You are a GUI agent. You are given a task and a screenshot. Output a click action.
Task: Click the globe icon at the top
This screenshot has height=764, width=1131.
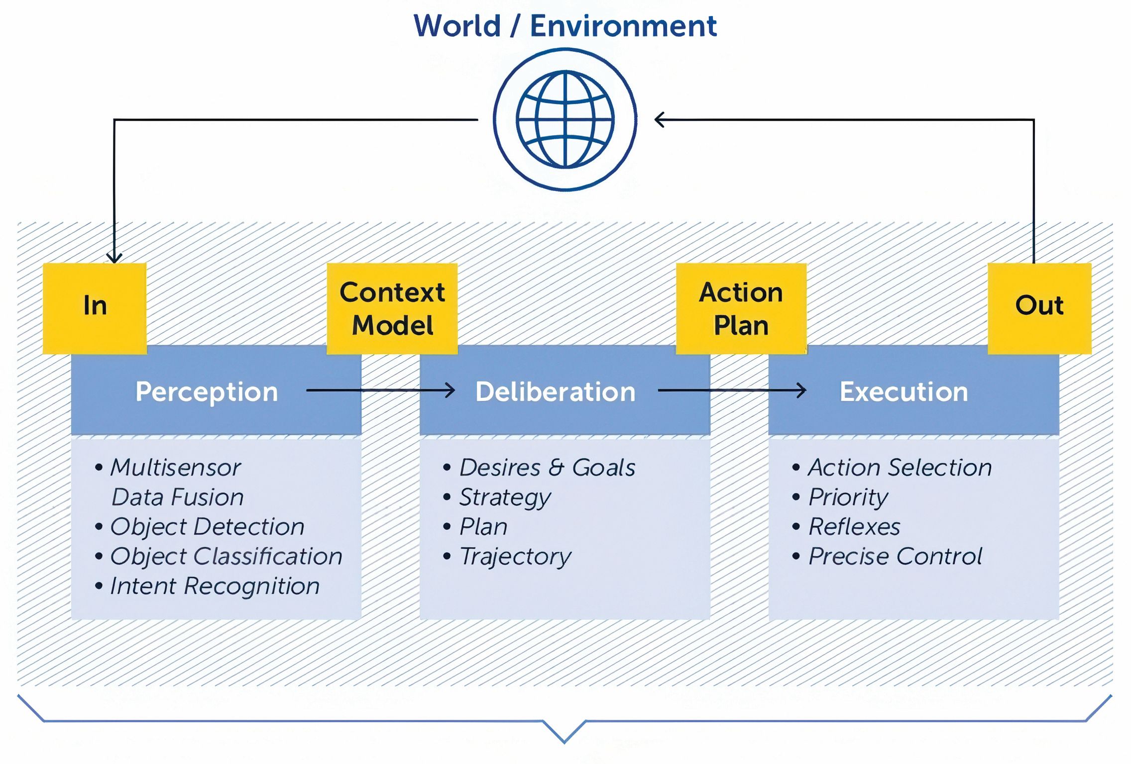point(565,119)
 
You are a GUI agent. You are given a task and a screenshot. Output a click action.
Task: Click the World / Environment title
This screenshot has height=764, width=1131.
point(565,26)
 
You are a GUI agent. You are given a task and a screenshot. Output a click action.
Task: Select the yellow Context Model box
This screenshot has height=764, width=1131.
point(392,308)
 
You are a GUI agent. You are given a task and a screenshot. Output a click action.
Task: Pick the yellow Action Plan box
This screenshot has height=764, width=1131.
point(741,308)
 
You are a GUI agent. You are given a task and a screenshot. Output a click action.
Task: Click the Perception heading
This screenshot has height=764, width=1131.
point(207,392)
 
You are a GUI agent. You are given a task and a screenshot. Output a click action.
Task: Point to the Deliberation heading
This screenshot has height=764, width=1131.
point(556,392)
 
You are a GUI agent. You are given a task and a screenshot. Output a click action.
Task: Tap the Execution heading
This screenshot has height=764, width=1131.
point(904,392)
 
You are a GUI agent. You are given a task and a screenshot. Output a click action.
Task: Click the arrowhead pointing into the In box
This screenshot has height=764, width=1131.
point(114,258)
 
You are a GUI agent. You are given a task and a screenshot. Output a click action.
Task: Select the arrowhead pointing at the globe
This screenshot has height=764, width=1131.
point(660,120)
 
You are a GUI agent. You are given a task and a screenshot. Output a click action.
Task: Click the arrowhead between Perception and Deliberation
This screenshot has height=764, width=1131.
point(450,390)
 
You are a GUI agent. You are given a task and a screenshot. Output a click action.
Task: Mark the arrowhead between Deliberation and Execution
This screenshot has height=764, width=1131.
point(801,390)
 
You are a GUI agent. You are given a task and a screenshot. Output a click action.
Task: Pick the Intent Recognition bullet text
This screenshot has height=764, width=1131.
point(215,586)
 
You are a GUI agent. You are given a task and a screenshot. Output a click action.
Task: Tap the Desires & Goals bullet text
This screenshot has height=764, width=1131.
point(547,468)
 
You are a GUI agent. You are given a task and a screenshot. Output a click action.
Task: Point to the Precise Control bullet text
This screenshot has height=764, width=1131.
point(895,557)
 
